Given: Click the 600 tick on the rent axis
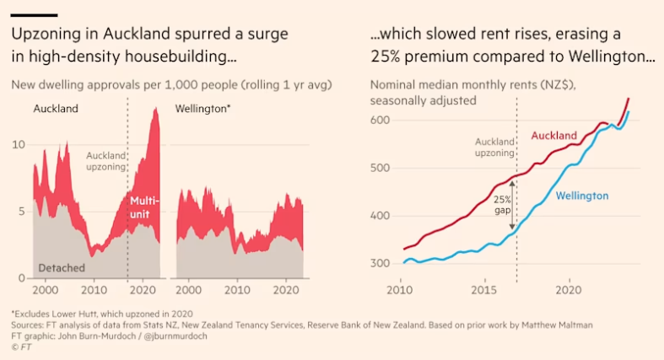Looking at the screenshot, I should [x=381, y=121].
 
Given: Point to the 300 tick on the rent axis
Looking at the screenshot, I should [x=381, y=264].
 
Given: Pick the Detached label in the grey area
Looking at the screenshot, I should [x=62, y=267].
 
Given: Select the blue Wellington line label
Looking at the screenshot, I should [x=581, y=196].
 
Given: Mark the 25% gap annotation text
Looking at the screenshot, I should [x=502, y=206].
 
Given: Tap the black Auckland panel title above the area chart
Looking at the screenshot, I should [x=56, y=109].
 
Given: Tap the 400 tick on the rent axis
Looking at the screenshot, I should [x=381, y=217].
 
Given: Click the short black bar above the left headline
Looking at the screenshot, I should [x=34, y=15].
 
